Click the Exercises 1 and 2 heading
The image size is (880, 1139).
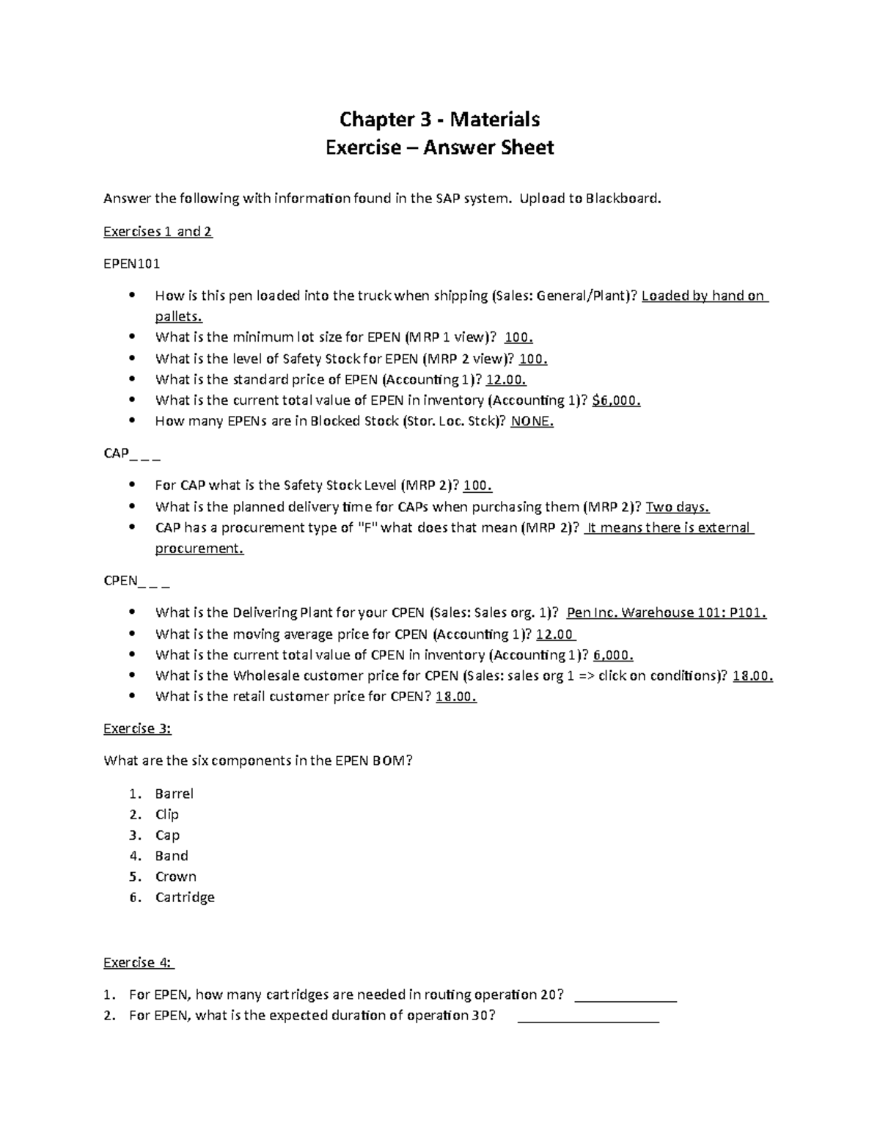coord(158,232)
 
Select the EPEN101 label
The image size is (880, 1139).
coord(132,263)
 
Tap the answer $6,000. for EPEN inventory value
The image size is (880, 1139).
coord(616,400)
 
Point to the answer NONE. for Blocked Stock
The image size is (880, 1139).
coord(532,421)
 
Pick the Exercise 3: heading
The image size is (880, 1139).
coord(137,728)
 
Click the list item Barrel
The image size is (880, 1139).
coord(175,794)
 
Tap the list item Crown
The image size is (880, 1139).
coord(176,876)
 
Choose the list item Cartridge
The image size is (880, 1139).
coord(185,897)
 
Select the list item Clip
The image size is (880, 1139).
coord(167,814)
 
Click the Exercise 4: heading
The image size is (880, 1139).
coord(139,962)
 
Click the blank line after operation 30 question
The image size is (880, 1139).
coord(588,1018)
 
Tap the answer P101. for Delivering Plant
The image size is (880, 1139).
coord(748,613)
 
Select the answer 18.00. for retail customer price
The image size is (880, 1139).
coord(455,697)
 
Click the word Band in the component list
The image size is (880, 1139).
coord(172,856)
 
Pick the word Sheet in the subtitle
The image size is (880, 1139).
coord(527,148)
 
